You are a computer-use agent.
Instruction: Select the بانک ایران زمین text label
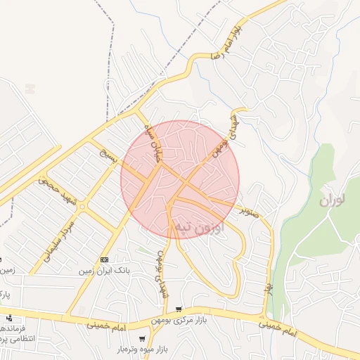click(105, 271)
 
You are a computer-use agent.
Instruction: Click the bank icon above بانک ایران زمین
click(105, 259)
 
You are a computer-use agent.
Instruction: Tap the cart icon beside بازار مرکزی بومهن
click(179, 309)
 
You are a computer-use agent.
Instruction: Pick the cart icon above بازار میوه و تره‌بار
click(143, 339)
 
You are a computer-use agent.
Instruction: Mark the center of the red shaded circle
click(180, 179)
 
